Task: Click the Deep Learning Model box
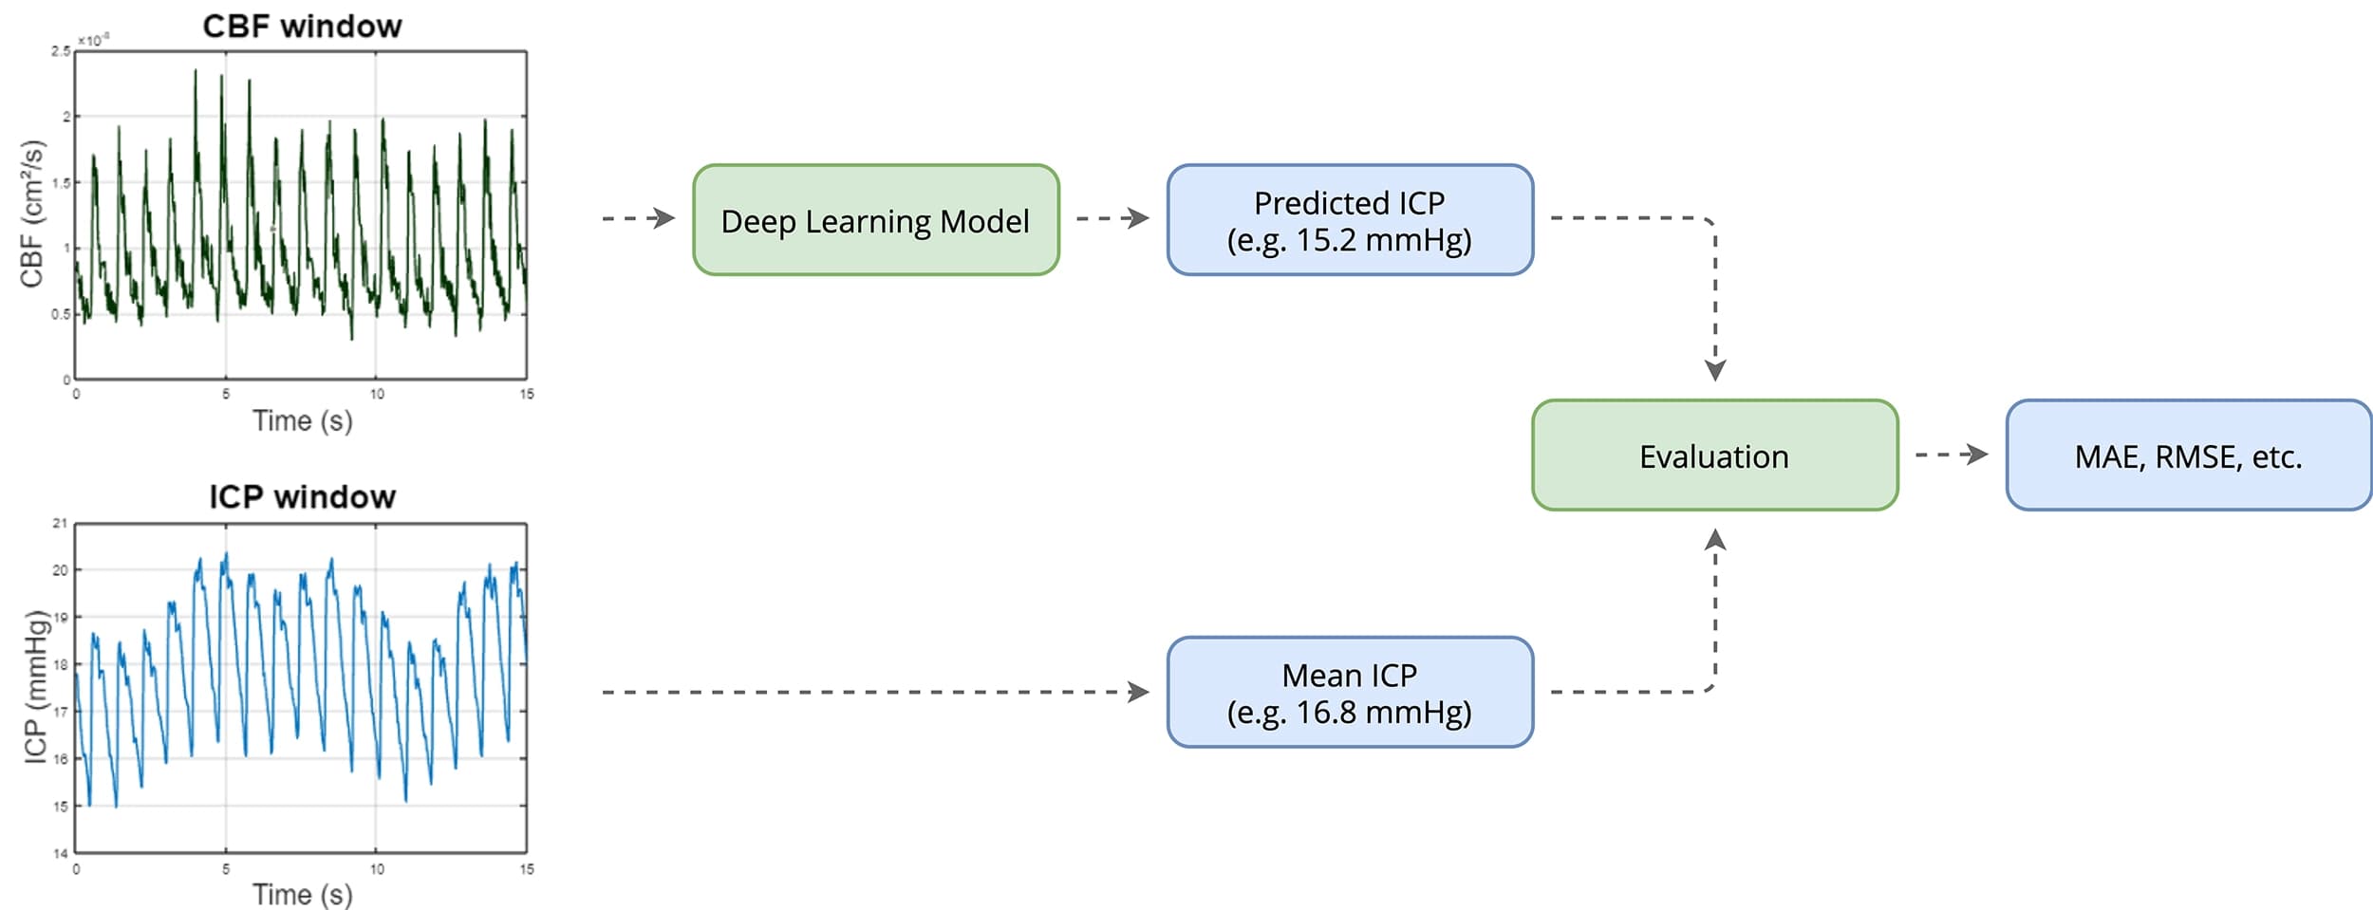[875, 220]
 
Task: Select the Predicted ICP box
[1349, 220]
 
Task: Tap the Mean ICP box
[1349, 693]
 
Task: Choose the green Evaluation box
[1714, 455]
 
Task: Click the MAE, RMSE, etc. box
[2188, 455]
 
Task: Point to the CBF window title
[302, 26]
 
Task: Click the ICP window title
[302, 496]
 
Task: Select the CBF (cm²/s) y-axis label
[32, 214]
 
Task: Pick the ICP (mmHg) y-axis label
[35, 686]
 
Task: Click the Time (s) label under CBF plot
[302, 420]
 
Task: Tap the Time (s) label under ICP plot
[302, 893]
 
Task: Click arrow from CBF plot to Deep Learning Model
[638, 218]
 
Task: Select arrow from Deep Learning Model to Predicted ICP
[1112, 218]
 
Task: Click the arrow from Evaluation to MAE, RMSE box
[1952, 455]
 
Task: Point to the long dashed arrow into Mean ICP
[873, 692]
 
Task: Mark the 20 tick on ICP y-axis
[60, 570]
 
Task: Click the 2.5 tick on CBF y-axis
[60, 51]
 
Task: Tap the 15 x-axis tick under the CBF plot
[527, 394]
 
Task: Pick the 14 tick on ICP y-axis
[60, 853]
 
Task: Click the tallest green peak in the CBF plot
[196, 72]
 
